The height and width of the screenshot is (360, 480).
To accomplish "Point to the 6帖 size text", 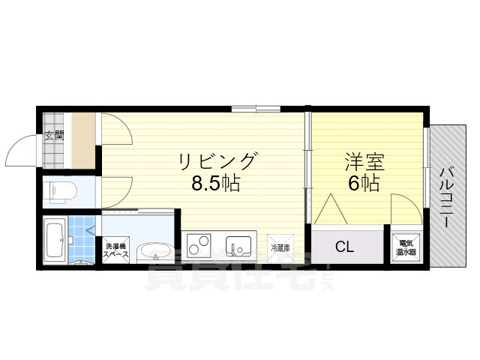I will [x=363, y=182].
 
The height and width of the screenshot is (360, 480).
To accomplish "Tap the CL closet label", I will [x=344, y=246].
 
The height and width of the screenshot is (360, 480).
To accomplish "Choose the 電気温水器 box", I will [x=405, y=247].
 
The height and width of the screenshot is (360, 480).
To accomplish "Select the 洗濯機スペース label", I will [x=116, y=250].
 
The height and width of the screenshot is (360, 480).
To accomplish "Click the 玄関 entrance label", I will [x=54, y=136].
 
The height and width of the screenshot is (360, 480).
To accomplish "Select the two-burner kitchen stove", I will [x=199, y=245].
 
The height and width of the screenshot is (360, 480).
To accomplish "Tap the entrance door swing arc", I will [x=21, y=151].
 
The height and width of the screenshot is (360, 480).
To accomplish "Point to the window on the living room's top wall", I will [x=254, y=109].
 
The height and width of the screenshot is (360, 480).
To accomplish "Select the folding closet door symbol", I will [x=328, y=210].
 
